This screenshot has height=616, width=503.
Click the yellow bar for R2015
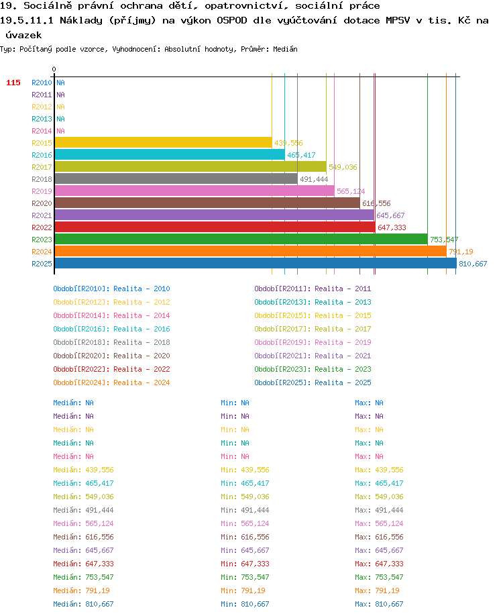164,143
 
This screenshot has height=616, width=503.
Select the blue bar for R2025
256,263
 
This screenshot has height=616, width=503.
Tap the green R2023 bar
241,240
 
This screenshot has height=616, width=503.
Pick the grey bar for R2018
176,178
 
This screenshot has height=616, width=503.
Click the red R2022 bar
215,227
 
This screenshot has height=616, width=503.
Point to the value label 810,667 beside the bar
473,264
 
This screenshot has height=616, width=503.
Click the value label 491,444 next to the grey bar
314,179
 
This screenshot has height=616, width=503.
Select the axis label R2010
42,83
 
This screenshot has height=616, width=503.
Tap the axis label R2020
42,203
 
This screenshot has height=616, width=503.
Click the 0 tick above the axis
54,69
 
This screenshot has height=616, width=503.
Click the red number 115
13,83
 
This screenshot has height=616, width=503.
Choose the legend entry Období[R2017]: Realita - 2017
313,329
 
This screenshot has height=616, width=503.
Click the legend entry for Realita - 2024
111,382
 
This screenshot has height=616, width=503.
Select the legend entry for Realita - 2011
313,289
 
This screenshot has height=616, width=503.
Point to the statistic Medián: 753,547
83,577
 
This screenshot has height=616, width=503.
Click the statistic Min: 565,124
245,523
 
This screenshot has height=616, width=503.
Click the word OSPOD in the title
231,20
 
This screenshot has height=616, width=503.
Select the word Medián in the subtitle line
285,49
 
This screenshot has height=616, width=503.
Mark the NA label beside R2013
60,119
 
